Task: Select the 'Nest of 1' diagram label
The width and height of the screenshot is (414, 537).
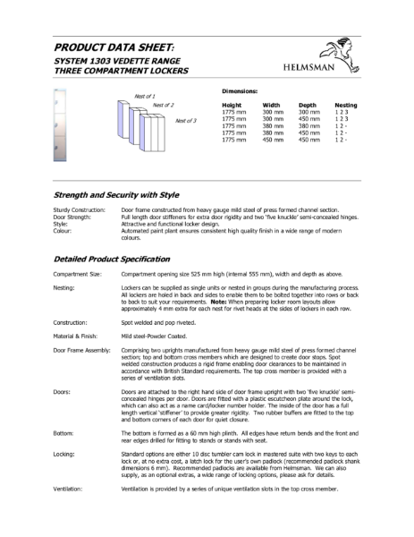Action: click(144, 95)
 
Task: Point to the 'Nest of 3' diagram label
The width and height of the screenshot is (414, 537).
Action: click(185, 120)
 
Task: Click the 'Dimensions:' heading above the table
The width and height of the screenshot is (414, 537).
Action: click(241, 91)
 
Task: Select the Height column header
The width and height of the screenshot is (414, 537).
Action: click(232, 105)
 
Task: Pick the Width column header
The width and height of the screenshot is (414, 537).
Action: click(272, 105)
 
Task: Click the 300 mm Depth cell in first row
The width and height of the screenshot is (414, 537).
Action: click(308, 111)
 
